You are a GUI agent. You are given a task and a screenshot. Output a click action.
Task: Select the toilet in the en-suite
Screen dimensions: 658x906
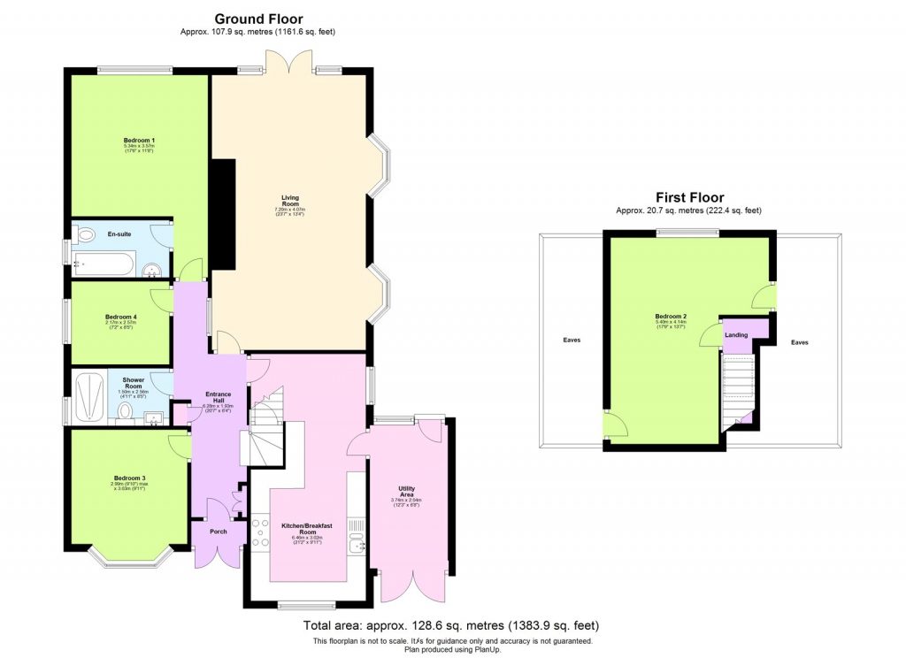tap(86, 235)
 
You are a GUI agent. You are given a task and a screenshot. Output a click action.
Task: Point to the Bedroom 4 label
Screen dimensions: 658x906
tap(120, 317)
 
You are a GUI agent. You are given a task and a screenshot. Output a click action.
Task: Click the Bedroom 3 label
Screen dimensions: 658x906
tap(128, 478)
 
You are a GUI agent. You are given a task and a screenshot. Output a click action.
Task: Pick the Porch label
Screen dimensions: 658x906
tap(218, 532)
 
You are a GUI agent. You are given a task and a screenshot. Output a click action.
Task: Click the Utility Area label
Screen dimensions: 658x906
tap(408, 492)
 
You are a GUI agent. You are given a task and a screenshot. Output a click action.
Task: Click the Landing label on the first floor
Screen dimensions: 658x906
tap(736, 335)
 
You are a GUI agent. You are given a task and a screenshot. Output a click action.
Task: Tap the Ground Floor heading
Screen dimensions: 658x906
tap(258, 19)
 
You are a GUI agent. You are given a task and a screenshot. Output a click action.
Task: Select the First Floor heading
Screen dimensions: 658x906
tap(689, 197)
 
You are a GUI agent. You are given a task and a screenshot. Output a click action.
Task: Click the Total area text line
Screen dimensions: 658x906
tap(452, 625)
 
